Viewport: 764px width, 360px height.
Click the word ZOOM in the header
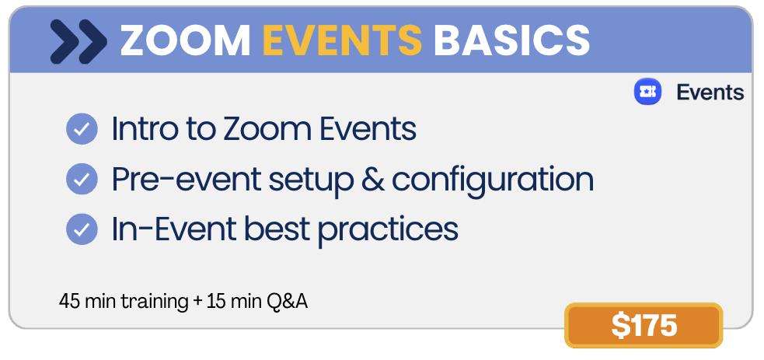click(185, 40)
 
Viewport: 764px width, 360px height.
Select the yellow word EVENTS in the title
click(343, 40)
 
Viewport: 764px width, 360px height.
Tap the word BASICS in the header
click(511, 40)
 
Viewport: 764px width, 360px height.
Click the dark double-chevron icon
click(78, 41)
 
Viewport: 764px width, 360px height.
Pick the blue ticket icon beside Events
click(647, 92)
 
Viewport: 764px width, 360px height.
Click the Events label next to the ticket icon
click(710, 92)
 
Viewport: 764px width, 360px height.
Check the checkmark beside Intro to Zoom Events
click(82, 129)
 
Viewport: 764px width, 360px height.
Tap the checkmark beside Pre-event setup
click(82, 179)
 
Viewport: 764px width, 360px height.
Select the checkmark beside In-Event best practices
click(82, 229)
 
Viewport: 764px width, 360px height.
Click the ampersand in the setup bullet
click(372, 179)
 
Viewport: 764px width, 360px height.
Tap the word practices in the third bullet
click(388, 229)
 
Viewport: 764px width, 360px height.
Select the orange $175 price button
click(644, 326)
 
